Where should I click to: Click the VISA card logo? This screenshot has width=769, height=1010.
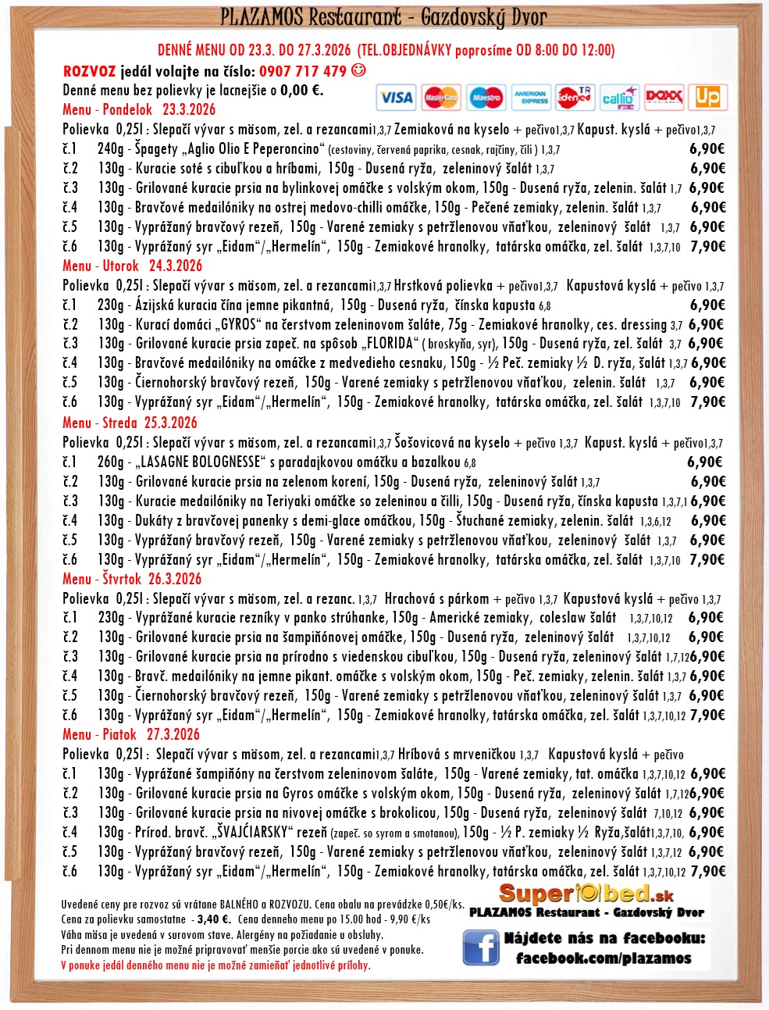tap(396, 98)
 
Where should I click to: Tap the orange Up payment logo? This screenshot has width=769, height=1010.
tap(707, 97)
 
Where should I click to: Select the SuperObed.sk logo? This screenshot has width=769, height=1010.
tap(586, 894)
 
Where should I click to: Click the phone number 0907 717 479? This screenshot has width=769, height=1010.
tap(303, 71)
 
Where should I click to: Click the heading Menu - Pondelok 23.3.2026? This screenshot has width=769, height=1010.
tap(139, 109)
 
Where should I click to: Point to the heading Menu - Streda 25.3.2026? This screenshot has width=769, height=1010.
tap(130, 423)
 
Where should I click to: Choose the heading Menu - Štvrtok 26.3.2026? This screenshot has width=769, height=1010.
tap(132, 579)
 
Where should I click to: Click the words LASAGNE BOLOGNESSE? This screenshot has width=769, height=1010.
tap(201, 462)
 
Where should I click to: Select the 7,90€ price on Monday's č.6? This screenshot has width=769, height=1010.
tap(708, 246)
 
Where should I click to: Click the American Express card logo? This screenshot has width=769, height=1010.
tap(531, 98)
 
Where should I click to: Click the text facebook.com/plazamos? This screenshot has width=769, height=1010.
tap(603, 958)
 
